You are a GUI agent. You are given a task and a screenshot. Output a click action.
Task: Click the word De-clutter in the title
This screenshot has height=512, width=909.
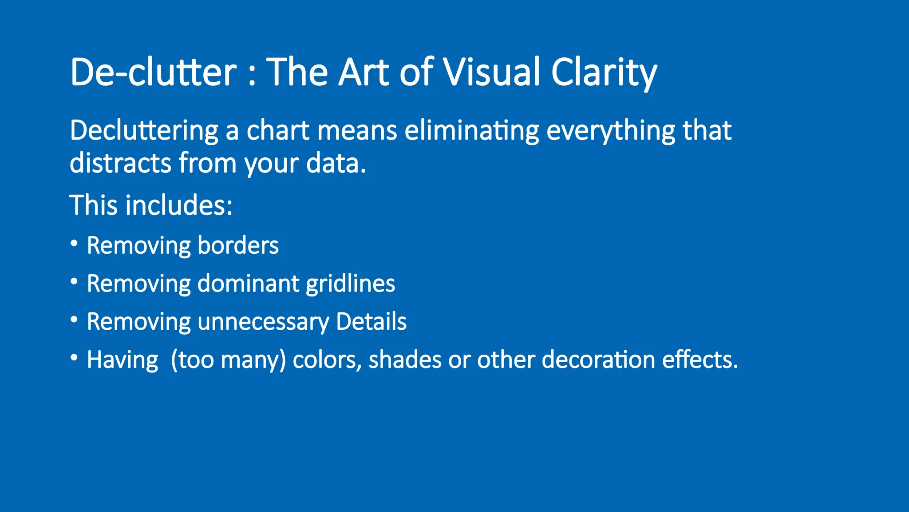pyautogui.click(x=153, y=72)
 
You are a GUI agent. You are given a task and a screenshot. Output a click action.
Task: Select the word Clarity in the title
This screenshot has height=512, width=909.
pyautogui.click(x=604, y=72)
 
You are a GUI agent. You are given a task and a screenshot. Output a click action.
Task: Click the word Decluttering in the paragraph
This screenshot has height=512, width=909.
pyautogui.click(x=144, y=131)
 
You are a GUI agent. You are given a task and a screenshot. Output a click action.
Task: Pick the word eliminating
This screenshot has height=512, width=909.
pyautogui.click(x=471, y=131)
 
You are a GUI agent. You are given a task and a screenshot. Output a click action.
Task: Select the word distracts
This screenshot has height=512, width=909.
pyautogui.click(x=120, y=163)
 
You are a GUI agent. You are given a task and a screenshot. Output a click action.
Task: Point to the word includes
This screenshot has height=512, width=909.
pyautogui.click(x=178, y=205)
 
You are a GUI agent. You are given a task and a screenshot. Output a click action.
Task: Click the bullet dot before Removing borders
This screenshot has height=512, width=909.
pyautogui.click(x=74, y=244)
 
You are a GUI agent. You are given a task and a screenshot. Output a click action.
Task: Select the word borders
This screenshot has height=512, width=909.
pyautogui.click(x=238, y=245)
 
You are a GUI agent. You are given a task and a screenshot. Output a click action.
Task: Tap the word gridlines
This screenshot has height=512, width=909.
pyautogui.click(x=350, y=284)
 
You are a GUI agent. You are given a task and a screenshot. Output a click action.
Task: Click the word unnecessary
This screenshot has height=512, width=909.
pyautogui.click(x=263, y=322)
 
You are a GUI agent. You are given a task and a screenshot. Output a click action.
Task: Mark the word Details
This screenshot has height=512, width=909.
pyautogui.click(x=371, y=322)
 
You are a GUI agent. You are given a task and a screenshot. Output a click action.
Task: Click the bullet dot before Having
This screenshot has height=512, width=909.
pyautogui.click(x=74, y=358)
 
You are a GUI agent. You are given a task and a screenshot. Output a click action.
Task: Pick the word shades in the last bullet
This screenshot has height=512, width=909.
pyautogui.click(x=405, y=360)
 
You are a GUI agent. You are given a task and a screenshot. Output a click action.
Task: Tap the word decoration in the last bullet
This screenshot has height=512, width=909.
pyautogui.click(x=598, y=360)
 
